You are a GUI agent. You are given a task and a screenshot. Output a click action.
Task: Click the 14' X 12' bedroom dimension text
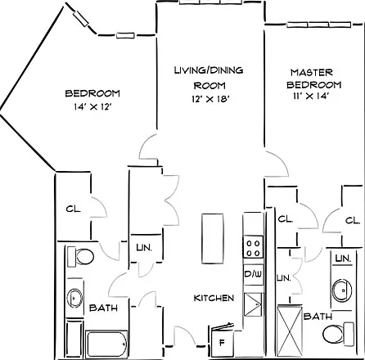[93, 106]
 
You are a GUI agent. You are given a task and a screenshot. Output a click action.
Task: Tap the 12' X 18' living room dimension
[210, 99]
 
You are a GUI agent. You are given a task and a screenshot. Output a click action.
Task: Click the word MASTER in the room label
[312, 73]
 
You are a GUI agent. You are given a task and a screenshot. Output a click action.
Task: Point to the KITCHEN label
[214, 298]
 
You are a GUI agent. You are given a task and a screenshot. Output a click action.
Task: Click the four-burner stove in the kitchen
[253, 247]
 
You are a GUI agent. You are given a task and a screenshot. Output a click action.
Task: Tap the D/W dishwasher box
[254, 275]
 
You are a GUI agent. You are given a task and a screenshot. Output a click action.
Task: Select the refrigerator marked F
[222, 341]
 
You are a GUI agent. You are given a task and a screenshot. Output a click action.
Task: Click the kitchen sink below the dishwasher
[254, 304]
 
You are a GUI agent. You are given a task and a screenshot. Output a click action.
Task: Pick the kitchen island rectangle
[213, 239]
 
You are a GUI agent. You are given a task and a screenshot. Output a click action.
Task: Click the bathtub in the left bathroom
[106, 344]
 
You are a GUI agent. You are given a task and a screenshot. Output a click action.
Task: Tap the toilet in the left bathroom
[80, 256]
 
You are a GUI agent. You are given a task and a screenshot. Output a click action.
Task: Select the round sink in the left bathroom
[74, 298]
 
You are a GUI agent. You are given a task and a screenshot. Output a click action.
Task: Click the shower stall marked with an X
[290, 331]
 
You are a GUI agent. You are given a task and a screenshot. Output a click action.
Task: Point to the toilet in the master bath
[338, 334]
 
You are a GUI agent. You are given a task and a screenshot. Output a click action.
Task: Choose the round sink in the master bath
[342, 290]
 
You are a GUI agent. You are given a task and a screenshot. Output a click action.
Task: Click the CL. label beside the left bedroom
[73, 209]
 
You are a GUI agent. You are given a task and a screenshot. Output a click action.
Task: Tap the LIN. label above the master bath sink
[343, 259]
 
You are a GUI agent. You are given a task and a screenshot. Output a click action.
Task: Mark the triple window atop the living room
[211, 2]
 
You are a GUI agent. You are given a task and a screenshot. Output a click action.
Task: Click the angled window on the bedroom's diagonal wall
[81, 19]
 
